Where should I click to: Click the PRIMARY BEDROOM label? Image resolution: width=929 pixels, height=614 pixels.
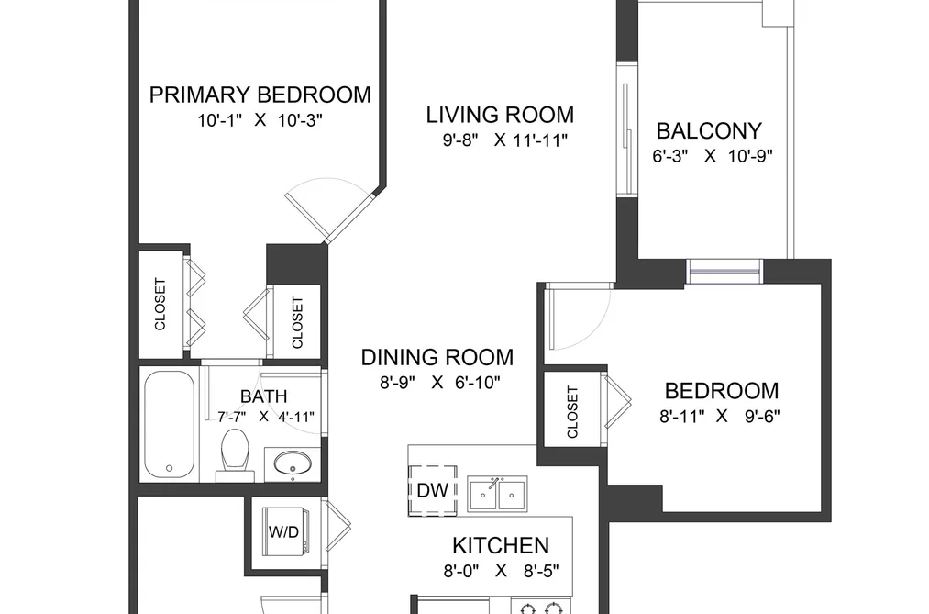point(260,95)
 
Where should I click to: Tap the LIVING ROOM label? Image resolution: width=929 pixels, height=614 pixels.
point(500,115)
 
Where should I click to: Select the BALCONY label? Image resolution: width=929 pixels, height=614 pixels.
point(709,130)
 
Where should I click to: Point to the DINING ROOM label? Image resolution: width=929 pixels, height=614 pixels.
point(437,357)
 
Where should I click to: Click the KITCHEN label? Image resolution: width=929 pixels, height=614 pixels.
point(501,545)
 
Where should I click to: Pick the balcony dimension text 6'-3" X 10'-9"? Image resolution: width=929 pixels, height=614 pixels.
point(713,156)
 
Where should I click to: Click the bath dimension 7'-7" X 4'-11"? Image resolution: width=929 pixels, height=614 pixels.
point(265,417)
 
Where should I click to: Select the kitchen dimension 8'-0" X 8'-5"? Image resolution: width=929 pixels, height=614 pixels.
point(502,571)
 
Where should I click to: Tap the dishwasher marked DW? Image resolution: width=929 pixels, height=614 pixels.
point(433,491)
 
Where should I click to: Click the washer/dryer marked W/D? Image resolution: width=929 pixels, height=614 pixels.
point(283,531)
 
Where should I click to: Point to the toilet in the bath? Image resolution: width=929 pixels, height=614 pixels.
point(235,455)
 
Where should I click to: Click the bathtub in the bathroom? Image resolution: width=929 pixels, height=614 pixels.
point(169,424)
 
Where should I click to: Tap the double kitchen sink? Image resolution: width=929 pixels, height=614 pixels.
point(498,494)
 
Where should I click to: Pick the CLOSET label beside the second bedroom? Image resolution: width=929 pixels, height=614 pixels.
point(572,412)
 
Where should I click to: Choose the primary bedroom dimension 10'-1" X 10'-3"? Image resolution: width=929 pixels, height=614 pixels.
point(260,120)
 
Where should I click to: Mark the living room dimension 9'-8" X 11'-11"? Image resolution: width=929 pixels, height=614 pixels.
point(505,140)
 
